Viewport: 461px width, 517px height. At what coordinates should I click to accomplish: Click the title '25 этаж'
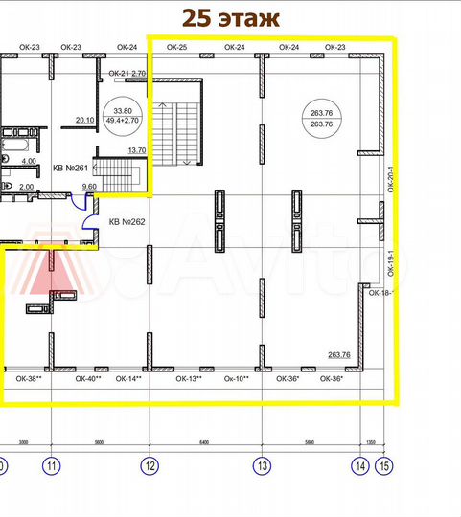[230, 18]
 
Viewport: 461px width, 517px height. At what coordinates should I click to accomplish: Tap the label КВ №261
[70, 169]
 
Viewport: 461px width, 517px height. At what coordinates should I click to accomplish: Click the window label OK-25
[176, 46]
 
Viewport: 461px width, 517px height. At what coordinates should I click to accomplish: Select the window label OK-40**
[89, 379]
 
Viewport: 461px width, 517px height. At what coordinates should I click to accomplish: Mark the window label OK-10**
[237, 379]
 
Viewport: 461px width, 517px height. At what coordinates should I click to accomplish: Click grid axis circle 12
[149, 466]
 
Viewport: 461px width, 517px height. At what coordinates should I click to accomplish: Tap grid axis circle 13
[261, 466]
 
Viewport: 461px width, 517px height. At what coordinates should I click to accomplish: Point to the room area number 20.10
[83, 120]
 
